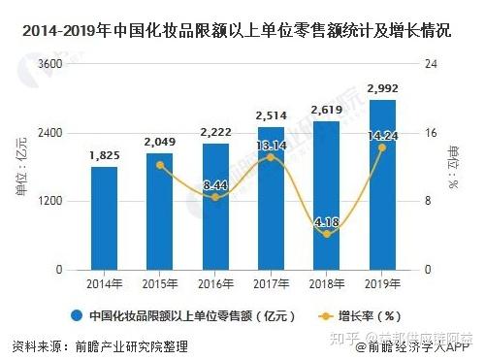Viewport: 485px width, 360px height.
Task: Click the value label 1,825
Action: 104,156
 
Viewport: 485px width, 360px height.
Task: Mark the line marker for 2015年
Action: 160,165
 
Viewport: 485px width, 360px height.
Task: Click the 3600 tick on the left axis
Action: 48,64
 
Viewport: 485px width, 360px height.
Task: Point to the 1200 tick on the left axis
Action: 48,201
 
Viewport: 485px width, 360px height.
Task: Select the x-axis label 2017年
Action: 272,283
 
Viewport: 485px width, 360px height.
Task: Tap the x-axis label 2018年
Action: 328,283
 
